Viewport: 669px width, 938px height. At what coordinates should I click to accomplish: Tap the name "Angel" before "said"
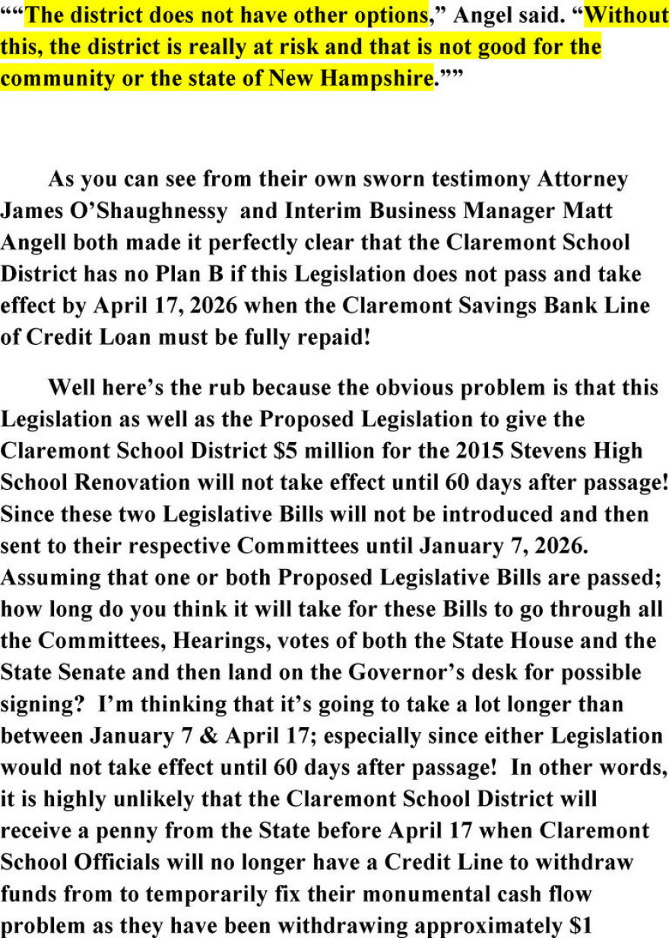(x=481, y=14)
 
